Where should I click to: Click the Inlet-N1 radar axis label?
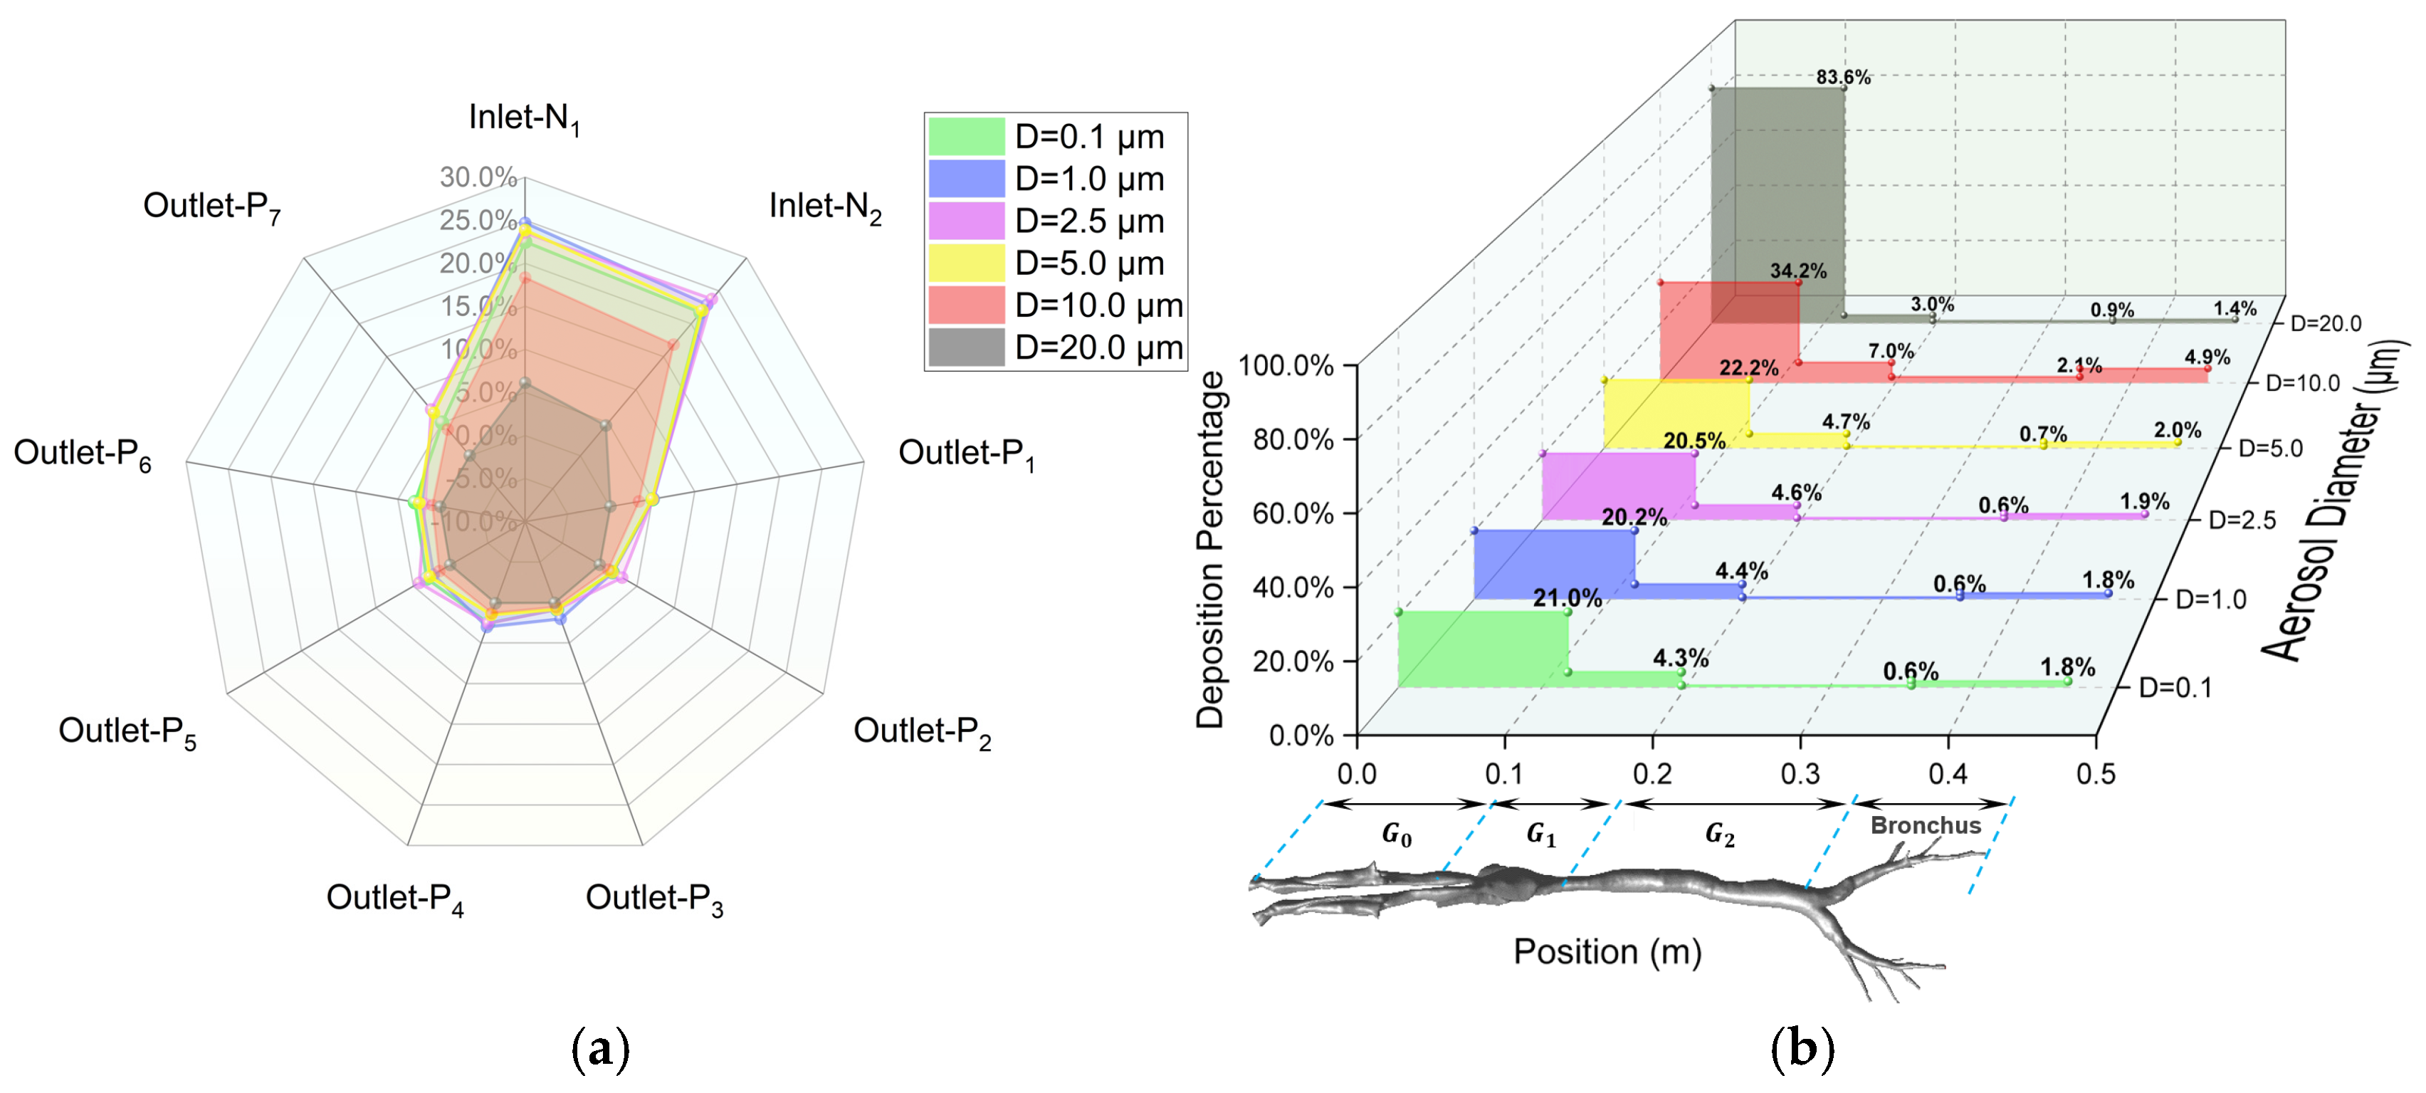pos(524,119)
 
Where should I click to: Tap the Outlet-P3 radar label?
pos(653,899)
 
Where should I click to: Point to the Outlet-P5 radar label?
pos(127,732)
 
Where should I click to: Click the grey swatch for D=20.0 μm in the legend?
pos(966,347)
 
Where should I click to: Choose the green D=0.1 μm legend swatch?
pos(966,137)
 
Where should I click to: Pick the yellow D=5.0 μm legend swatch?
pos(966,263)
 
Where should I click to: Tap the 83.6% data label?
pos(1843,78)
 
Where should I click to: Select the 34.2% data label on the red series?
pos(1798,271)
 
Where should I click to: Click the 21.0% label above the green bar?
pos(1567,597)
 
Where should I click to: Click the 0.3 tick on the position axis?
pos(1800,775)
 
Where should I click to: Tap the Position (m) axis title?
pos(1607,952)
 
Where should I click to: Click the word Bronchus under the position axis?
pos(1925,825)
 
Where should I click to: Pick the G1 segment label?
pos(1540,835)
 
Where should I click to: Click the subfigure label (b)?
pos(1802,1049)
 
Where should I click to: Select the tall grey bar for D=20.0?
pos(1776,203)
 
